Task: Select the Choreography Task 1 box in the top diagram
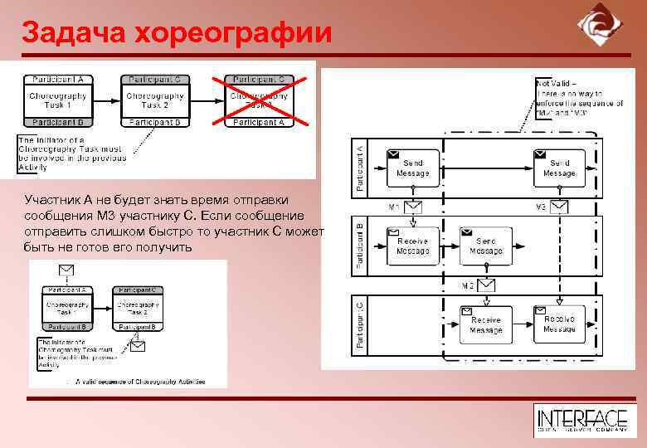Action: [x=57, y=100]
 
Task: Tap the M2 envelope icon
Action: [x=486, y=285]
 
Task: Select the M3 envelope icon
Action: [x=560, y=207]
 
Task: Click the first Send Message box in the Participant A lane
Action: [x=412, y=168]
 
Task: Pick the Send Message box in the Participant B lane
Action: [x=485, y=246]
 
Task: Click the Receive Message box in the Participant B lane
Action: [x=412, y=246]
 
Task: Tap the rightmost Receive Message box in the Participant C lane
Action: [x=559, y=324]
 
